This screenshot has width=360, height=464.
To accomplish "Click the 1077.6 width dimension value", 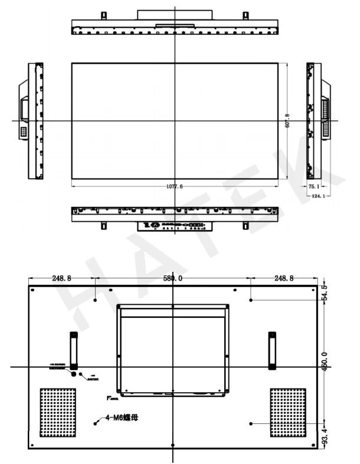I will [x=175, y=186].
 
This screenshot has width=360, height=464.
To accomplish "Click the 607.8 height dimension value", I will [x=287, y=121].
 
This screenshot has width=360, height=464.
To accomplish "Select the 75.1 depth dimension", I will [x=313, y=186].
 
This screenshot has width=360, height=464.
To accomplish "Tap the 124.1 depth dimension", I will [x=318, y=196].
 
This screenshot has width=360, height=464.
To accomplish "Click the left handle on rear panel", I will [x=74, y=350].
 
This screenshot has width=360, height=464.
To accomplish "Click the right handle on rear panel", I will [x=272, y=350].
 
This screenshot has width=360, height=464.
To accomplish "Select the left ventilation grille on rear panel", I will [x=57, y=413].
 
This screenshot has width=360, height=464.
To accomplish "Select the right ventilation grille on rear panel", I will [x=288, y=413].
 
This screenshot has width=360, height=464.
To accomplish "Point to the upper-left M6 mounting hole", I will [x=96, y=300].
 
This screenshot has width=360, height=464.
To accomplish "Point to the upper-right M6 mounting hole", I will [x=251, y=300].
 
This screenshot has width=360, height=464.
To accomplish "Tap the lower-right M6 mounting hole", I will [x=251, y=423].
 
